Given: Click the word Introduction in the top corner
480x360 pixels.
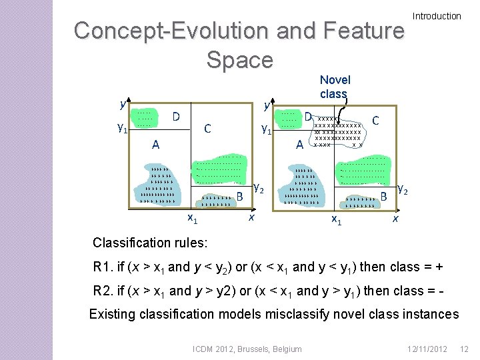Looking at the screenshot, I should pos(437,16).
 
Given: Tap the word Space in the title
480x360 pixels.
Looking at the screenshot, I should pos(239,59).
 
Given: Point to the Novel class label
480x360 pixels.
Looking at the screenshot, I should pos(335,87).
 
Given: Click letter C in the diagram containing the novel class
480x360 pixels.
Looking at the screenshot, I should pos(376,121).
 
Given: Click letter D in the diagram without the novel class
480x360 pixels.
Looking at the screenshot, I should pos(176,117).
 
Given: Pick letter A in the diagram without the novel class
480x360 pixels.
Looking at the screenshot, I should pos(155,143).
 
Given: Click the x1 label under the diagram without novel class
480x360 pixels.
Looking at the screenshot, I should pos(191,218).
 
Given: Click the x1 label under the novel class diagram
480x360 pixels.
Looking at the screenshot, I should pos(337,219).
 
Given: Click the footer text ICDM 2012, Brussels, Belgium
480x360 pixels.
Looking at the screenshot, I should pos(247,349).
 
